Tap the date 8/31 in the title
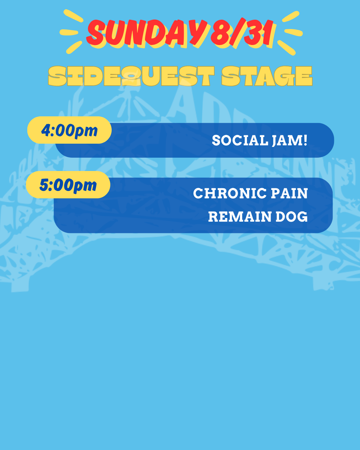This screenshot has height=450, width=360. (242, 32)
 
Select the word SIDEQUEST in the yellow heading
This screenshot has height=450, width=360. (131, 76)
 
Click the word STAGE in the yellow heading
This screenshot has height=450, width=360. (267, 76)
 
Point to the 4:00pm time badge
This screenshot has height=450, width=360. (69, 130)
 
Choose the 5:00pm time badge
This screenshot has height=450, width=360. (68, 185)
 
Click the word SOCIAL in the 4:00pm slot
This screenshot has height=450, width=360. (240, 140)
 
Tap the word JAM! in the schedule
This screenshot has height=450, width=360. (290, 140)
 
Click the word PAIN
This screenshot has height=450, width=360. (289, 193)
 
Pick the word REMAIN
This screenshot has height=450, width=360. (240, 217)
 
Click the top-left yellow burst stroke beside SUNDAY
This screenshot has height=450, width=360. (73, 16)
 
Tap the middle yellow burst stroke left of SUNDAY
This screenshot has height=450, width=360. (69, 32)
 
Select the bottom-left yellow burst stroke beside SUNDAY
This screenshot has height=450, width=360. (74, 47)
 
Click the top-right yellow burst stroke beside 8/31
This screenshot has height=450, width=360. (291, 16)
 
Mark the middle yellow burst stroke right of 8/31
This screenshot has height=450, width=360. (293, 32)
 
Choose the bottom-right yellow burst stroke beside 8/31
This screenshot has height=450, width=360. (287, 48)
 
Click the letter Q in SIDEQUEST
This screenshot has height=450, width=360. (131, 76)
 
